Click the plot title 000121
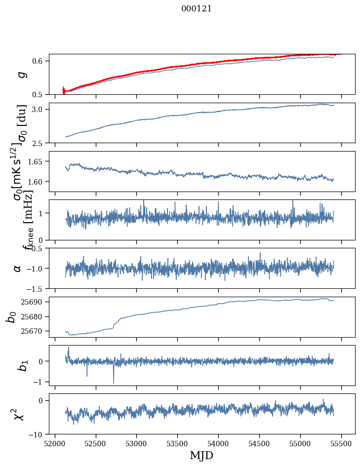coord(197,8)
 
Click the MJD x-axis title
coord(201,455)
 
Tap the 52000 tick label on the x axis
coord(55,444)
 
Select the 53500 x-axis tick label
coord(178,444)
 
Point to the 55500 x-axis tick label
coord(341,444)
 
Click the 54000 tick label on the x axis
coord(218,444)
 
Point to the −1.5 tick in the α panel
coord(36,289)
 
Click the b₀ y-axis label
coord(11,317)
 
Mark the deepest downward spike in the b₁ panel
coord(114,383)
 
